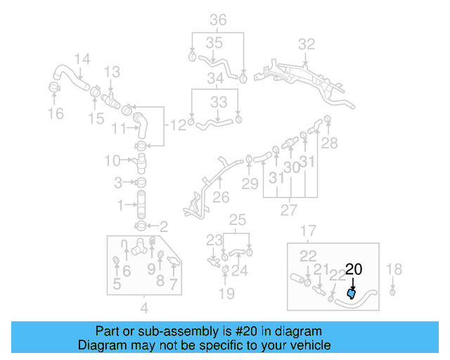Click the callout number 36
pos(218,20)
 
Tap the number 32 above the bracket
pos(307,44)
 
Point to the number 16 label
pos(55,113)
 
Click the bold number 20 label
pos(354,269)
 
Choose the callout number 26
pos(221,198)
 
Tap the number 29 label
pos(250,184)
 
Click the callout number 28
pos(329,143)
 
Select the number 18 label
pos(394,268)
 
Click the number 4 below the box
pos(144,307)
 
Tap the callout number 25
pos(238,219)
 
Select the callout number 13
pos(112,72)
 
